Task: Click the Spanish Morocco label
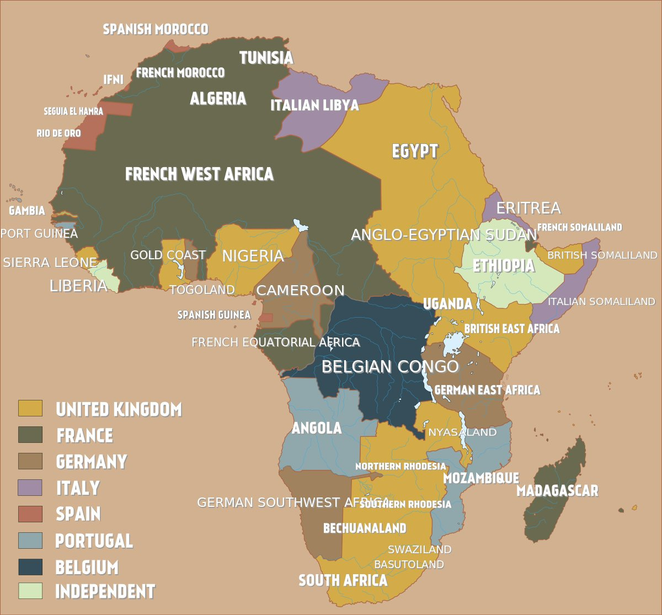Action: coord(156,29)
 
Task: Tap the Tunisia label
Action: coord(266,57)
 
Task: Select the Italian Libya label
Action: coord(314,105)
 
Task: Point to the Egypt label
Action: coord(415,151)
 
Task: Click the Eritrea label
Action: coord(528,208)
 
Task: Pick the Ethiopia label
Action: coord(503,265)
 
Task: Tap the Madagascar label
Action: coord(557,490)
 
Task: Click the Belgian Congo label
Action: coord(390,367)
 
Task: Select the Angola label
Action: coord(317,428)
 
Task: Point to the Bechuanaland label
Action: coord(365,528)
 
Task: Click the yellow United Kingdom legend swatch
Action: coord(30,408)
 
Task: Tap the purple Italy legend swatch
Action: coord(30,488)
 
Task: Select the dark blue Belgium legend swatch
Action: coord(30,566)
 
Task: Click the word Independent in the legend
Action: coord(105,591)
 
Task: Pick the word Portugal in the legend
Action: coord(94,541)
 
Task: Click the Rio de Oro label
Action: coord(58,133)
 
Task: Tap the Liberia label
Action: coord(78,286)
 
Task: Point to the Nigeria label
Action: coord(253,256)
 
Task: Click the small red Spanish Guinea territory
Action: coord(266,318)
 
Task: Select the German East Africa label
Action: coord(487,390)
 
